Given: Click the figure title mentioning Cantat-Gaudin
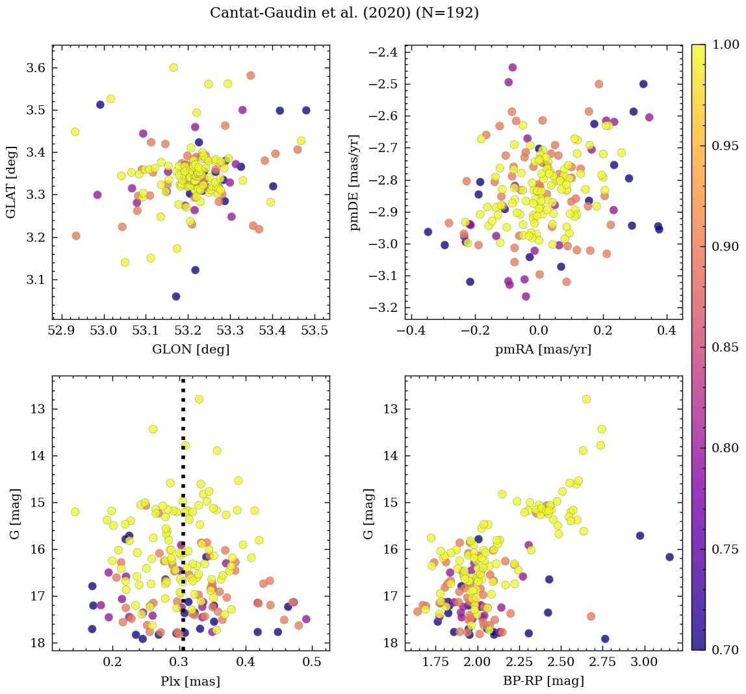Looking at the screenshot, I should (x=344, y=13).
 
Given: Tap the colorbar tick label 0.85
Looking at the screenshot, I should (x=725, y=347).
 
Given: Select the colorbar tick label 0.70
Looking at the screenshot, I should (x=725, y=650).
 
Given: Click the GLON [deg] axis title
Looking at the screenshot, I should (x=190, y=349).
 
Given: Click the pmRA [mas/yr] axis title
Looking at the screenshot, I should (x=543, y=349).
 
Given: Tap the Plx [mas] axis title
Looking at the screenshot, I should (x=190, y=681).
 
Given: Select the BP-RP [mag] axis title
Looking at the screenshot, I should (x=543, y=681).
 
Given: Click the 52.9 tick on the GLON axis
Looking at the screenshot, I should (x=62, y=331).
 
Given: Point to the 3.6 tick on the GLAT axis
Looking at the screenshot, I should (x=35, y=68).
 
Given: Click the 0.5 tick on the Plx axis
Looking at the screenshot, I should (x=313, y=663).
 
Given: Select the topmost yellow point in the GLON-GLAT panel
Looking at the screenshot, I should (x=174, y=68).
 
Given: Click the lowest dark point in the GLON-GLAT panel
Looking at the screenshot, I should (x=175, y=296).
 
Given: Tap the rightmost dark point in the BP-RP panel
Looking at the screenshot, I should (x=669, y=557).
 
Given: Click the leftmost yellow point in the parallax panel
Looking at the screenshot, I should (x=75, y=511).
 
